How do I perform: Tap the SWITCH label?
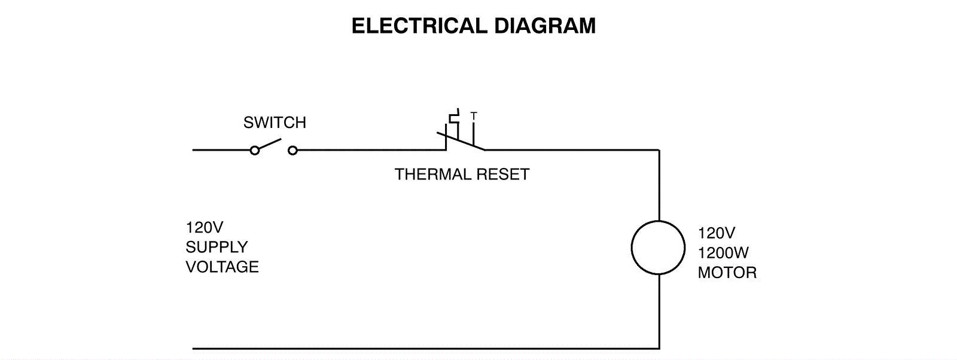(275, 123)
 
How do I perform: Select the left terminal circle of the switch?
(255, 151)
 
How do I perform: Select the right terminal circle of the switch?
(292, 151)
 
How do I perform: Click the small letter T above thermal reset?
(474, 115)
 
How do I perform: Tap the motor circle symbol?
(658, 248)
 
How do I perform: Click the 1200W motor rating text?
(723, 253)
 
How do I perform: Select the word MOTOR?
(727, 273)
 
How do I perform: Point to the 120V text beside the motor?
(716, 233)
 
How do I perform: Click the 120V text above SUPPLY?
(204, 228)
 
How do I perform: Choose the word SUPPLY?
(217, 247)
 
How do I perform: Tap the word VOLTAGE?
(222, 267)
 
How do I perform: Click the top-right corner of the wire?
(659, 150)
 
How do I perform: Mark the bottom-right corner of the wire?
(659, 348)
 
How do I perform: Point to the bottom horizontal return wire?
(419, 348)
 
